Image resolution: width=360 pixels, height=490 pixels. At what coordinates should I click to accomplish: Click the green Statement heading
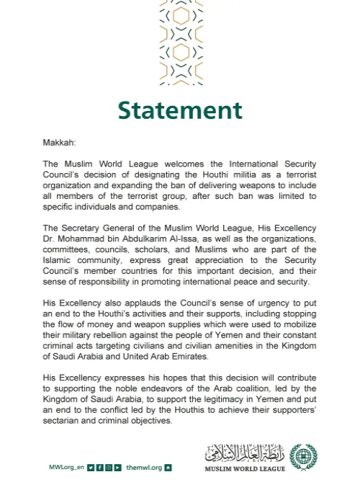tap(180, 110)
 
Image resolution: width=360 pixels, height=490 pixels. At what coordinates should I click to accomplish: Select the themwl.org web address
tap(144, 468)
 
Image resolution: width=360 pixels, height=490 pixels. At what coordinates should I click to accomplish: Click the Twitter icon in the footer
tap(91, 468)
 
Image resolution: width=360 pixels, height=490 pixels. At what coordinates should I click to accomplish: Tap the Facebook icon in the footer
tap(99, 468)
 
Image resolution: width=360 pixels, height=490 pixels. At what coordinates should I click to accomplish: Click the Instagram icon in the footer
tap(108, 468)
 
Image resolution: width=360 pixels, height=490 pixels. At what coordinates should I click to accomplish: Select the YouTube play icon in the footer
tap(117, 468)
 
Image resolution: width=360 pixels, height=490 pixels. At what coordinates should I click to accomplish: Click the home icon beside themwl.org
tap(168, 468)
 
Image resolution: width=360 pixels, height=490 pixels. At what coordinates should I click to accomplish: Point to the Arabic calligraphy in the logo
tap(245, 453)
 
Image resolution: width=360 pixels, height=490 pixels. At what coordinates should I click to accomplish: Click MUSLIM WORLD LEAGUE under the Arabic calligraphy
tap(245, 469)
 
